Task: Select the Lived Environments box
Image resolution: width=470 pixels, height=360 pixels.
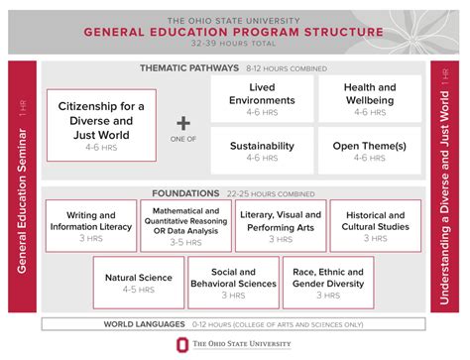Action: point(262,99)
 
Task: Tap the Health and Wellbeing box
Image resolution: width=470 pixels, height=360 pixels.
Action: point(370,99)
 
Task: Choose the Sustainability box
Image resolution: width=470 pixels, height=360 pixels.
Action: point(262,151)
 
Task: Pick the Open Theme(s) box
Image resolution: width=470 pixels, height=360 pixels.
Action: point(370,151)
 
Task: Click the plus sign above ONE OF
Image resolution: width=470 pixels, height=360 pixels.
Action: point(182,123)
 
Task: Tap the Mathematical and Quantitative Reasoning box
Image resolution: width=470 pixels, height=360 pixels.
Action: point(185,225)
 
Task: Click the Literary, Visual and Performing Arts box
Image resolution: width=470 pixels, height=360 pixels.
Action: point(281,225)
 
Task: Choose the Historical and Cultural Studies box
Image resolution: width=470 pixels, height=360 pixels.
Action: point(375,225)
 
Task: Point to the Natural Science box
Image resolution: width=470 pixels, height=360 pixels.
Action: point(138,282)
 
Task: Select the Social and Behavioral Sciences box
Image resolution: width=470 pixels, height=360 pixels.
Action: point(233,282)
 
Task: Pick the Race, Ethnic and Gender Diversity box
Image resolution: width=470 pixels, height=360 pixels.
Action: point(328,282)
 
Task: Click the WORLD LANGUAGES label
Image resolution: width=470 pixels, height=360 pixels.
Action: point(145,323)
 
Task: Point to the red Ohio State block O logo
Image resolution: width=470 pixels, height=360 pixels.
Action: point(181,343)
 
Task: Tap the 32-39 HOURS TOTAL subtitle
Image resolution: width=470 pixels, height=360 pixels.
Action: point(234,45)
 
